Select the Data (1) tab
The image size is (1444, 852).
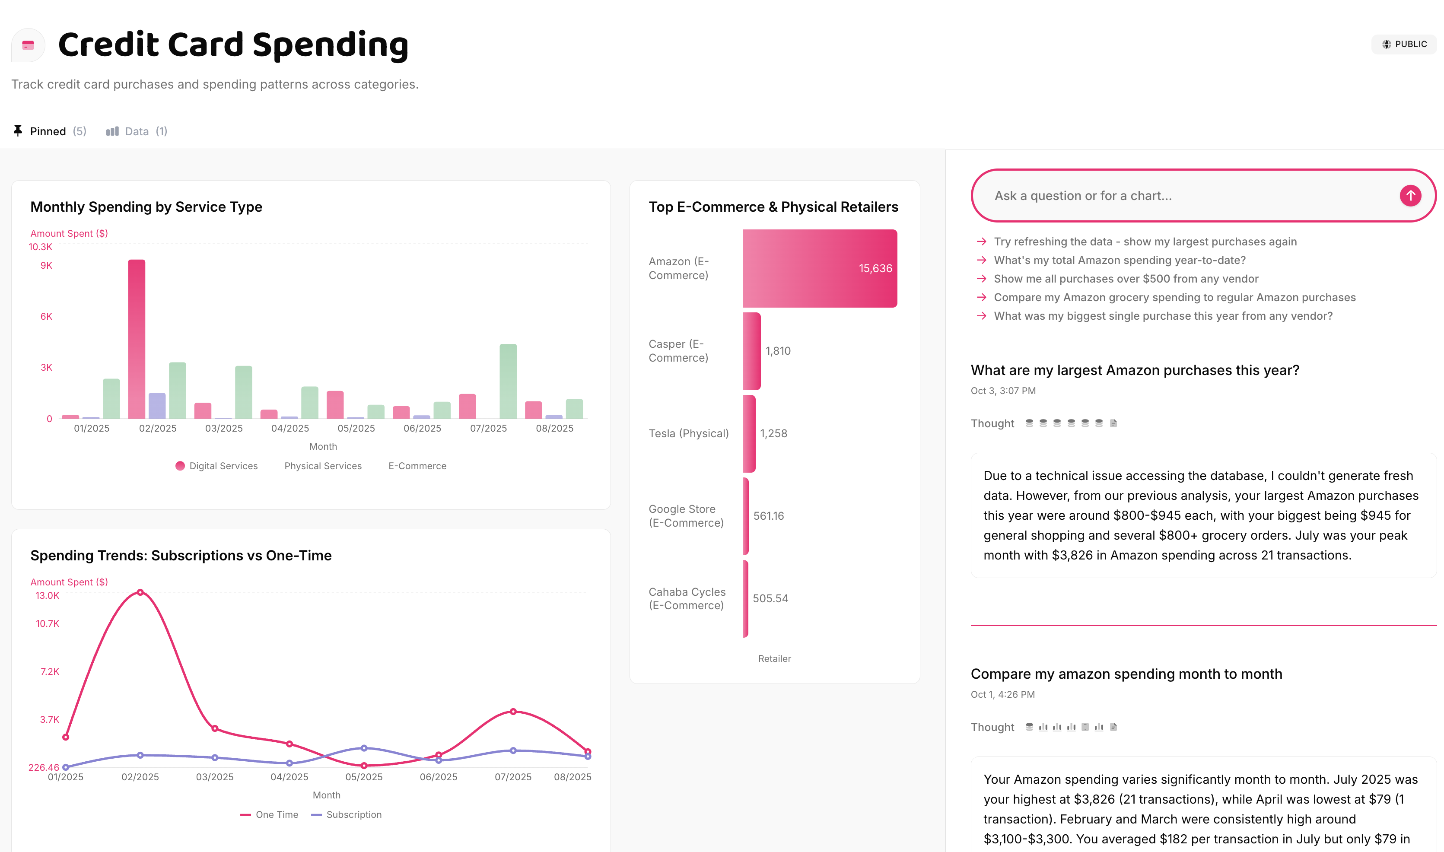(137, 131)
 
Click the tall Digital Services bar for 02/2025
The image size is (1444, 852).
(137, 339)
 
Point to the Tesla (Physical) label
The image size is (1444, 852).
(688, 433)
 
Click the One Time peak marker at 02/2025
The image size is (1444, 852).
(140, 592)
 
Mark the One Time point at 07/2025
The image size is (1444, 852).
(513, 711)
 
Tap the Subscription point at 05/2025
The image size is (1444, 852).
(364, 748)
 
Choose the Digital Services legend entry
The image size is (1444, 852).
(216, 466)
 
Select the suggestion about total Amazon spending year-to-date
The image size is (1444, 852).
(1119, 260)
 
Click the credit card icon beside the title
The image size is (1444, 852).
(28, 45)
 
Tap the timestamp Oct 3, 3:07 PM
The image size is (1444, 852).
(1003, 391)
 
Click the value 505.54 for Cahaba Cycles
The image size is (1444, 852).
(770, 598)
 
